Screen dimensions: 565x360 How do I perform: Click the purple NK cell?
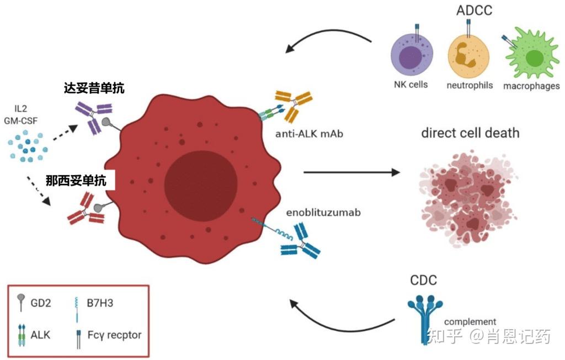pos(412,56)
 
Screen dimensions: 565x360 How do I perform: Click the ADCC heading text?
pos(474,10)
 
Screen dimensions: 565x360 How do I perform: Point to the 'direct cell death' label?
pos(470,133)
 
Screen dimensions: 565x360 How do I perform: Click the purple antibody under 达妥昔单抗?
pos(94,117)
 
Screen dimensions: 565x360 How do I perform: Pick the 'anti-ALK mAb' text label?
pos(309,134)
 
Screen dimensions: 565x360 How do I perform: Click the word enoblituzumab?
pos(323,213)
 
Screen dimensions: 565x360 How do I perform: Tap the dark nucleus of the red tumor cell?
pos(201,184)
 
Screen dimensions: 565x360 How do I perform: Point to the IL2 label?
pos(20,109)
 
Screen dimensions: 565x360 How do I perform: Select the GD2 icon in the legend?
pos(22,302)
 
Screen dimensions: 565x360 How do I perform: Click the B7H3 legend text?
pos(100,303)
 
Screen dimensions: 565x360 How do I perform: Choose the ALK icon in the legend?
pos(22,335)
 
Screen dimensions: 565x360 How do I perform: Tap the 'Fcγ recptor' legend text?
pos(115,335)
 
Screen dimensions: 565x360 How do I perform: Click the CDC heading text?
pos(423,280)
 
